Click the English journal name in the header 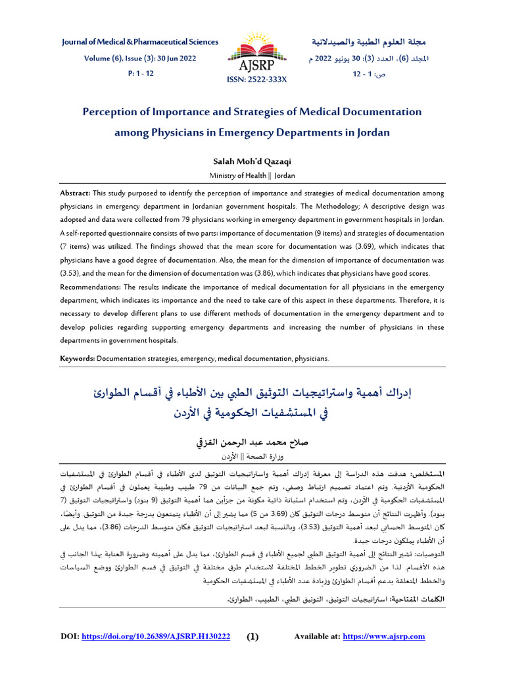(140, 42)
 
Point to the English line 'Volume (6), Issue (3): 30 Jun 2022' (140, 58)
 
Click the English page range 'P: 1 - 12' (140, 73)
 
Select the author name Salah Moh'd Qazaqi (252, 161)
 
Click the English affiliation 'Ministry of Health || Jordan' (252, 176)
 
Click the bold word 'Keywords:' (78, 359)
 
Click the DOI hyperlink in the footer (156, 636)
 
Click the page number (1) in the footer (253, 636)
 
